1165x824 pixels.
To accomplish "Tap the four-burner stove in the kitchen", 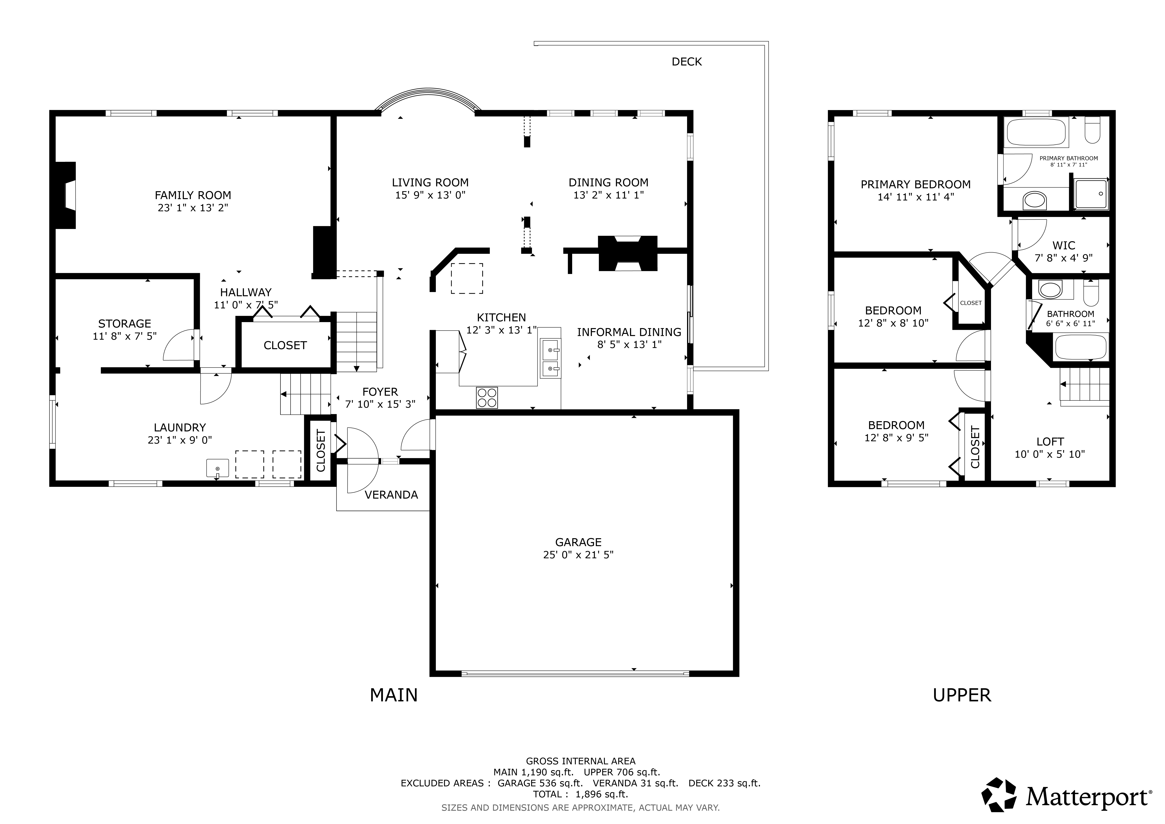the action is point(487,397).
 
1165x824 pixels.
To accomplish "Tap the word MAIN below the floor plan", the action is point(394,695).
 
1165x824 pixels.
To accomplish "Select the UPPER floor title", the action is point(961,695).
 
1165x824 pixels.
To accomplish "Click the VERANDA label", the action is point(391,495).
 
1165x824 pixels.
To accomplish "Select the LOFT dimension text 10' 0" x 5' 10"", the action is point(1049,454).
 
